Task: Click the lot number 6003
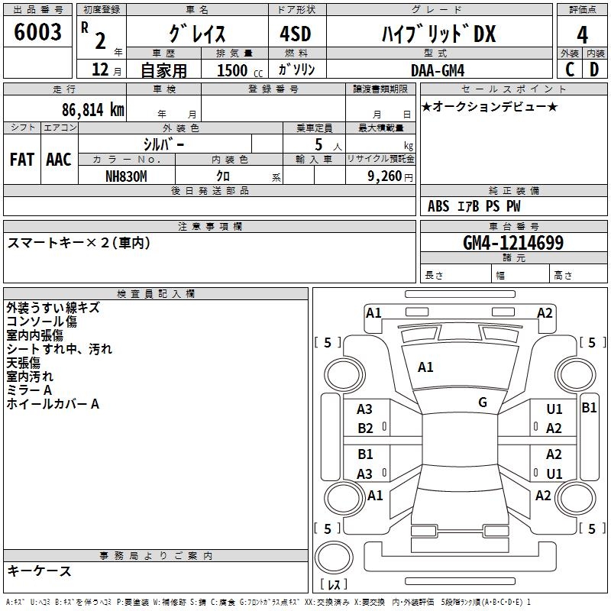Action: tap(38, 33)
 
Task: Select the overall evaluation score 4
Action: tap(582, 34)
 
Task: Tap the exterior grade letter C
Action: tap(570, 69)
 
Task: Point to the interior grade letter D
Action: tap(594, 69)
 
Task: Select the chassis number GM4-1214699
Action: tap(513, 243)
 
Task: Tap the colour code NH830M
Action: tap(126, 175)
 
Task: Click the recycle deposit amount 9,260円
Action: tap(389, 176)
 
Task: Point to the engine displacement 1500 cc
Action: tap(238, 70)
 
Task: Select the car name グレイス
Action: tap(196, 34)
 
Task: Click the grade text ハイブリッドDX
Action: tap(438, 34)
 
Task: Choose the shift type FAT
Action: tap(21, 160)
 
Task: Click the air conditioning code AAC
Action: tap(58, 160)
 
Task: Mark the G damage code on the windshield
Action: tap(483, 402)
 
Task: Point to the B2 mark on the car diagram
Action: tap(366, 428)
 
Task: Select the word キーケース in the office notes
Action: tap(39, 571)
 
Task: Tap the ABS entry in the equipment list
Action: tap(438, 206)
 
